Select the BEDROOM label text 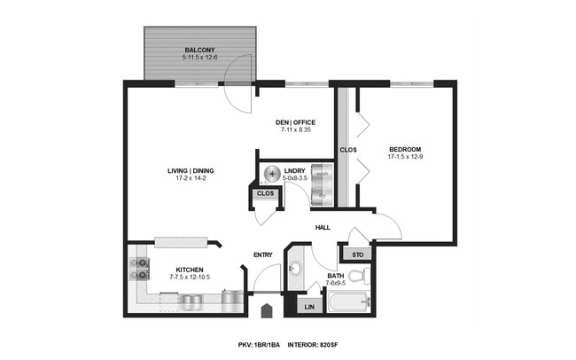[x=404, y=149]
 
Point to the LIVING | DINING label [x=191, y=171]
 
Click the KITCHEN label [x=190, y=270]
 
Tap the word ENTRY [x=263, y=255]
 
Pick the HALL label [x=323, y=228]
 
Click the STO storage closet [x=358, y=255]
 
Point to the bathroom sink [x=296, y=270]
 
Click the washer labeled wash [x=323, y=174]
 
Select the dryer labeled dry [x=323, y=194]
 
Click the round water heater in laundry [x=274, y=174]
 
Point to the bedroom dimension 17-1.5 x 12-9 [x=404, y=157]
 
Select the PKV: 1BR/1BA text [x=259, y=343]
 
